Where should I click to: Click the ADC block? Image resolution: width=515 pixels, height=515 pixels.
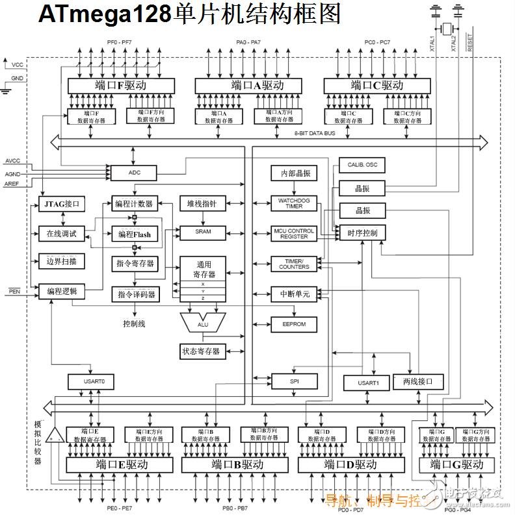pyautogui.click(x=133, y=173)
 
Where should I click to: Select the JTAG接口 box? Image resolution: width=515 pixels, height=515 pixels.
pyautogui.click(x=62, y=205)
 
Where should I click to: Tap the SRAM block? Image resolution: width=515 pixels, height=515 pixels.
pyautogui.click(x=203, y=232)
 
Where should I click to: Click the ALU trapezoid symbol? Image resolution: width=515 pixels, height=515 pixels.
pyautogui.click(x=202, y=321)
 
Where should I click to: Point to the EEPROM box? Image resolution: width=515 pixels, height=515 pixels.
pyautogui.click(x=293, y=323)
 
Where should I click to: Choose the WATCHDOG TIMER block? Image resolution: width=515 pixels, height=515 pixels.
pyautogui.click(x=293, y=203)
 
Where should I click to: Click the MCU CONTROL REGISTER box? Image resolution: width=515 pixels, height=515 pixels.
pyautogui.click(x=293, y=234)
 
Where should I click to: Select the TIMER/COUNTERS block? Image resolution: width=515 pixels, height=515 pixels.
pyautogui.click(x=293, y=264)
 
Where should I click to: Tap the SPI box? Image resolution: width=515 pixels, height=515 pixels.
pyautogui.click(x=293, y=381)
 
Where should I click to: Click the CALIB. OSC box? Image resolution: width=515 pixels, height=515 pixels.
pyautogui.click(x=358, y=165)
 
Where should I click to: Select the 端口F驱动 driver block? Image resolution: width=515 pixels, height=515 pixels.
pyautogui.click(x=121, y=85)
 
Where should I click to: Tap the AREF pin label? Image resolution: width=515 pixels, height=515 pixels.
pyautogui.click(x=12, y=184)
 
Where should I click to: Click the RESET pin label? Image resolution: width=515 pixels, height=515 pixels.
pyautogui.click(x=470, y=43)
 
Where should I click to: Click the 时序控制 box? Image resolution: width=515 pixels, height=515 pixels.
pyautogui.click(x=362, y=233)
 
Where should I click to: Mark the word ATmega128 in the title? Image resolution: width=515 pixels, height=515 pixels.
pyautogui.click(x=105, y=14)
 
